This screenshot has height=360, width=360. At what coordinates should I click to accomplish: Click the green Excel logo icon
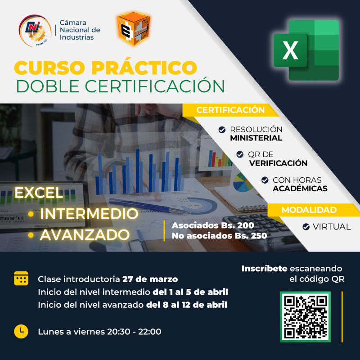(x=306, y=50)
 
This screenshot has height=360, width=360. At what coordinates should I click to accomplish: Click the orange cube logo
(x=133, y=29)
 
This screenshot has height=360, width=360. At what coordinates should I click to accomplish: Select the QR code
(x=306, y=316)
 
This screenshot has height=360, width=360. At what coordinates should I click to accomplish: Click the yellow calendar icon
(x=21, y=279)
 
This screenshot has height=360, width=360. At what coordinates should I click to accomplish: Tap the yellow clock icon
(x=21, y=331)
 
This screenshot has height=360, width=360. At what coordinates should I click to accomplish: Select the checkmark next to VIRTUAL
(x=306, y=227)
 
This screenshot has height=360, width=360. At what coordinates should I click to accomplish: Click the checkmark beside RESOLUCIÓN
(x=222, y=130)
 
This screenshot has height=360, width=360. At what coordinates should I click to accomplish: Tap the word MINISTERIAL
(x=256, y=138)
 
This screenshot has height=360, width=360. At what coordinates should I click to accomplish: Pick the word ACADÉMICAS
(x=300, y=189)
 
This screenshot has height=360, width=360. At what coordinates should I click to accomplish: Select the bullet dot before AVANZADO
(x=31, y=234)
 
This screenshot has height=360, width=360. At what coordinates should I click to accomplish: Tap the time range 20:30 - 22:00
(x=134, y=332)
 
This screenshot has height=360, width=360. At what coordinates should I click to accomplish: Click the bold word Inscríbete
(x=264, y=269)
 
